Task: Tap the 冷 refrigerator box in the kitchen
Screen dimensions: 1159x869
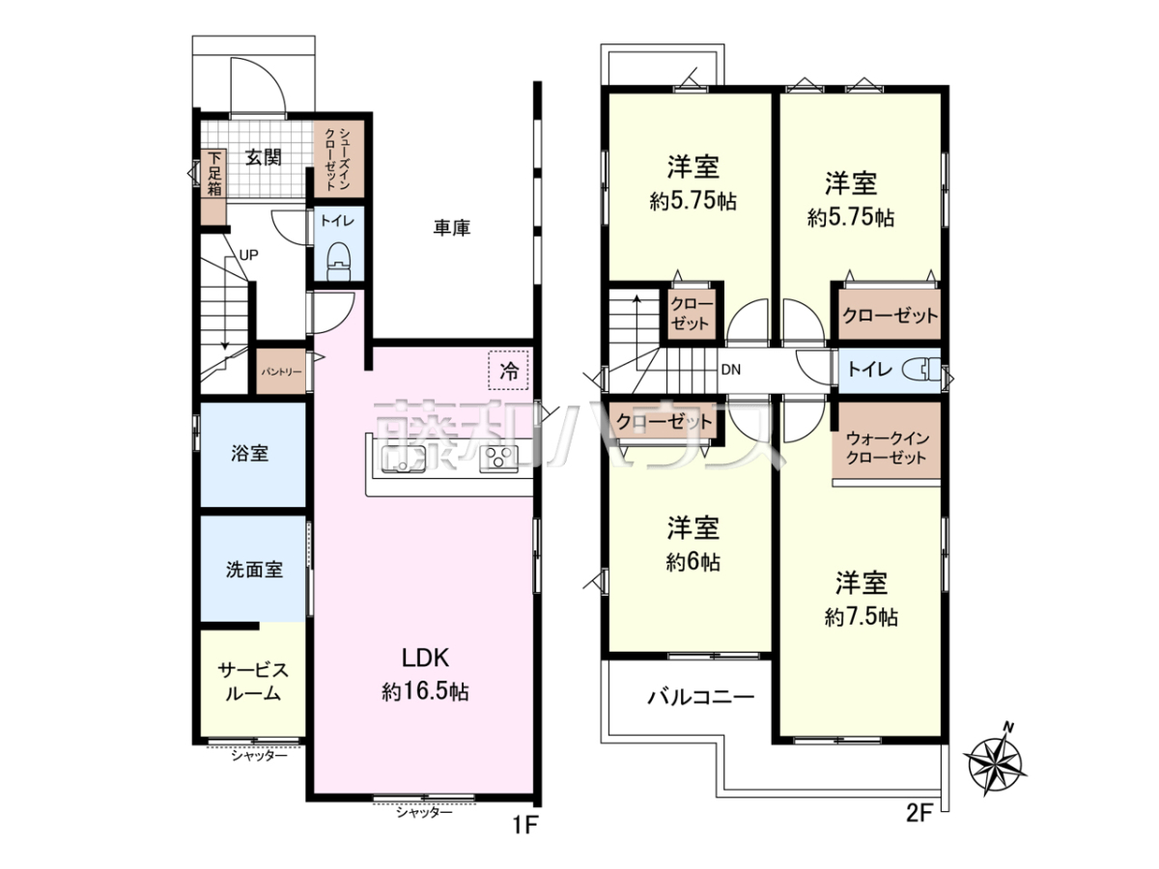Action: click(508, 370)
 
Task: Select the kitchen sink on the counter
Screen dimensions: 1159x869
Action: click(404, 459)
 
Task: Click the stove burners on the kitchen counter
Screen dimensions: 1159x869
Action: click(498, 459)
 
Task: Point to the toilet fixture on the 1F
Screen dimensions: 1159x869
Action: click(338, 262)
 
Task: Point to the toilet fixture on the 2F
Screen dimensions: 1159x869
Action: click(921, 370)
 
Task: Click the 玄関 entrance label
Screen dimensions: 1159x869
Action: click(264, 157)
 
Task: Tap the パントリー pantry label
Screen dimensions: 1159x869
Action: click(281, 372)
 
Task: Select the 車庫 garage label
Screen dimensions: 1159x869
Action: click(451, 228)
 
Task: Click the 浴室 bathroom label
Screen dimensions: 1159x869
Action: click(250, 453)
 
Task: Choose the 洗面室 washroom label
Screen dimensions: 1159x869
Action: click(254, 570)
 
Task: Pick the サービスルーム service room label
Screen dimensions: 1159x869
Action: click(253, 681)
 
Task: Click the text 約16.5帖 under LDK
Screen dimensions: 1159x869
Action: click(425, 691)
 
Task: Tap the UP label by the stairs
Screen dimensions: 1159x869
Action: click(248, 255)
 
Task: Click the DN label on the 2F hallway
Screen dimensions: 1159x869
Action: click(731, 370)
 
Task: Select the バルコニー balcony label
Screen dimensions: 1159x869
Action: click(701, 697)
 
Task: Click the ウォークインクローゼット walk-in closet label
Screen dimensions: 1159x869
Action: click(887, 447)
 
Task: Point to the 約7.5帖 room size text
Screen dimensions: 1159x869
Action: click(862, 617)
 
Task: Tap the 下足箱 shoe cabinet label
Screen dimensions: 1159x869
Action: click(213, 174)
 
